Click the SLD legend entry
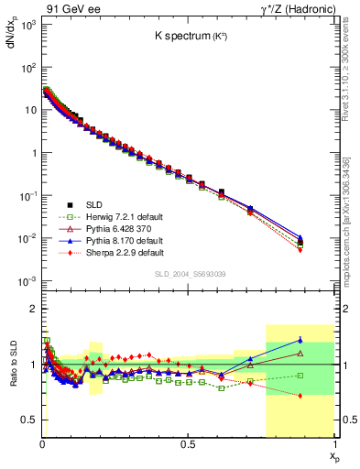pyautogui.click(x=94, y=203)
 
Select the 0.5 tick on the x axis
pyautogui.click(x=188, y=444)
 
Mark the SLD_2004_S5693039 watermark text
pyautogui.click(x=188, y=274)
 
